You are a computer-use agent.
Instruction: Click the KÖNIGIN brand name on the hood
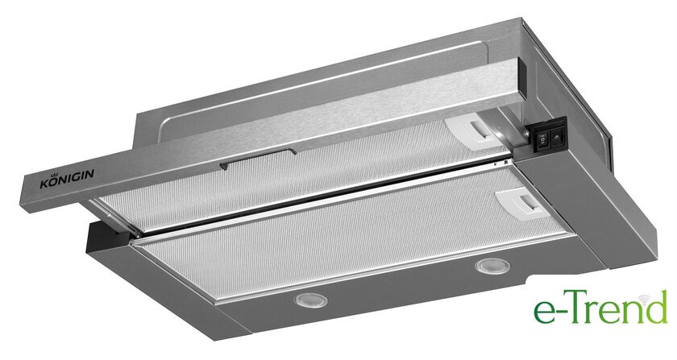coord(67,178)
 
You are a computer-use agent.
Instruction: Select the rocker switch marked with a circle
coord(542,139)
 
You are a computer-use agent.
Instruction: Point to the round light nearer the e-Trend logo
coord(492,266)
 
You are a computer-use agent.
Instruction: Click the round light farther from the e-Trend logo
coord(311,300)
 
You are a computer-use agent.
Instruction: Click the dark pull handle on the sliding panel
coord(257,158)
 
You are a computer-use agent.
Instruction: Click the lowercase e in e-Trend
coord(542,312)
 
